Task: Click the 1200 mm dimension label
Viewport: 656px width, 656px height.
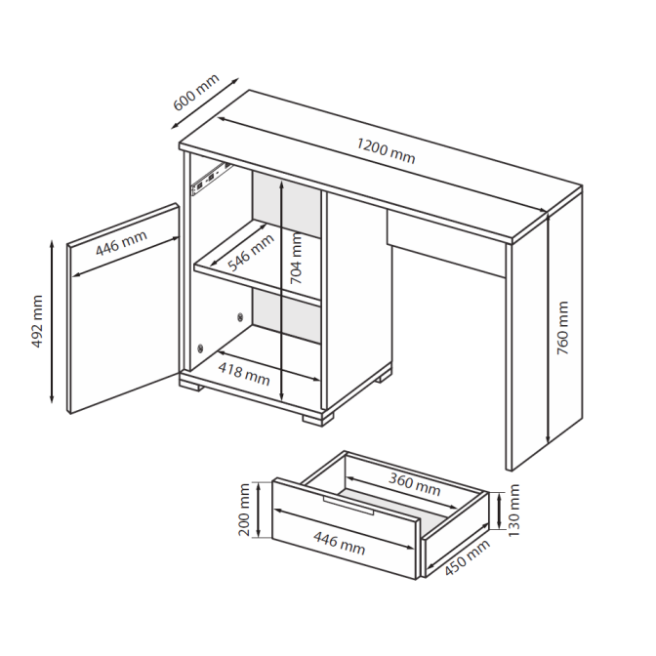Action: (x=386, y=151)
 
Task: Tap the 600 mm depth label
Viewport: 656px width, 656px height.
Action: (x=196, y=92)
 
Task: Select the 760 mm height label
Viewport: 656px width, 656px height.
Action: (x=562, y=328)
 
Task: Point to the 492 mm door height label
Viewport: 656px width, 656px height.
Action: (x=37, y=321)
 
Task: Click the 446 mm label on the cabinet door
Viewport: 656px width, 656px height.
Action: (x=121, y=243)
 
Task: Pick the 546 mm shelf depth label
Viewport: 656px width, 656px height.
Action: (x=251, y=252)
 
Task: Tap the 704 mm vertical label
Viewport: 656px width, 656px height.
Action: (x=296, y=259)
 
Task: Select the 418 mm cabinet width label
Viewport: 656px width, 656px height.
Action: (x=244, y=374)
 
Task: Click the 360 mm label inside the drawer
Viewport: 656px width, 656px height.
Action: (x=414, y=484)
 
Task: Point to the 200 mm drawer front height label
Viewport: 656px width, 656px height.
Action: (x=244, y=510)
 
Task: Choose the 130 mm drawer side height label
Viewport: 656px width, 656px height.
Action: (x=513, y=511)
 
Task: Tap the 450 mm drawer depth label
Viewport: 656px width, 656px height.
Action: (x=467, y=557)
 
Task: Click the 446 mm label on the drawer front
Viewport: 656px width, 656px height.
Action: (x=340, y=543)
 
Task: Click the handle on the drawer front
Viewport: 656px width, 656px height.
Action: (x=348, y=506)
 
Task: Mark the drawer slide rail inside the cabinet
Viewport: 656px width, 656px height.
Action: (x=211, y=179)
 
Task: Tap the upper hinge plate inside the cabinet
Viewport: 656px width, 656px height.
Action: (x=240, y=316)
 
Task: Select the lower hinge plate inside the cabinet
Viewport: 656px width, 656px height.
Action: (x=200, y=348)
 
